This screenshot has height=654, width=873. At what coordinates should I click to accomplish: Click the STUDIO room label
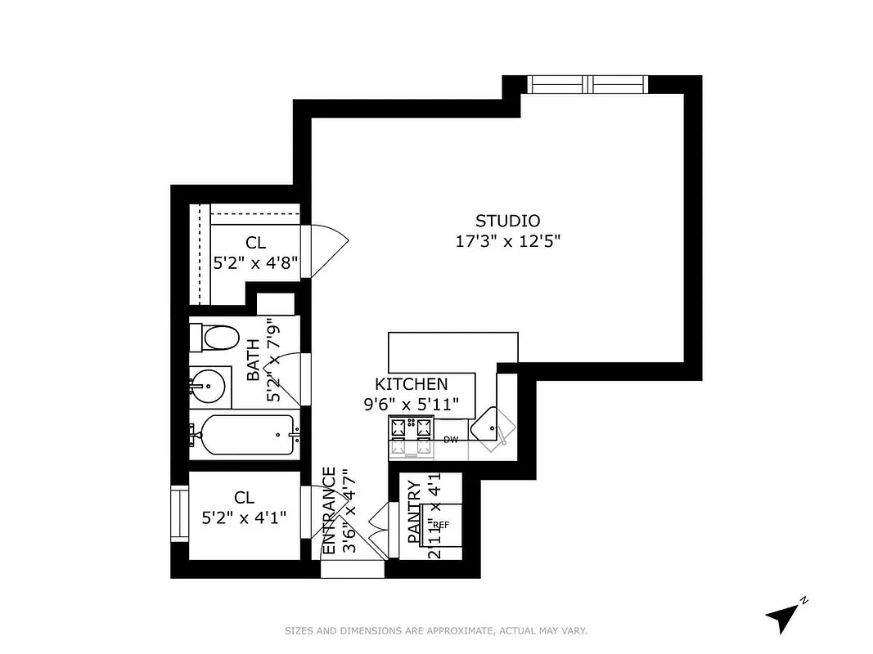tap(507, 221)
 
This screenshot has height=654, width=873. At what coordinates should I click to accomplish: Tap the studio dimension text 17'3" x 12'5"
tap(507, 241)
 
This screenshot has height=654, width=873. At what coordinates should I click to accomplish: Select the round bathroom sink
tap(207, 384)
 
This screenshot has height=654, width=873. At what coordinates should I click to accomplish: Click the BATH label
tap(253, 361)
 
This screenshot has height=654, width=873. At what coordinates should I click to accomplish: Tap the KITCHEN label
tap(411, 384)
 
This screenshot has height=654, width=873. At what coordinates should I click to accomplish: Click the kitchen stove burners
tap(411, 435)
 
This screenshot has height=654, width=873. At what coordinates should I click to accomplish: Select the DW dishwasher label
tap(450, 440)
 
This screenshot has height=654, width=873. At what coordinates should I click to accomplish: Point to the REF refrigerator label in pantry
tap(441, 525)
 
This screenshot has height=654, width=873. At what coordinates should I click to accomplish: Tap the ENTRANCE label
tap(329, 510)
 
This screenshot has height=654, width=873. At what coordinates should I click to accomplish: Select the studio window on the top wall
tap(587, 84)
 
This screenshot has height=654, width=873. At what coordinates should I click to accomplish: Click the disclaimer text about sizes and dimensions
tap(436, 630)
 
